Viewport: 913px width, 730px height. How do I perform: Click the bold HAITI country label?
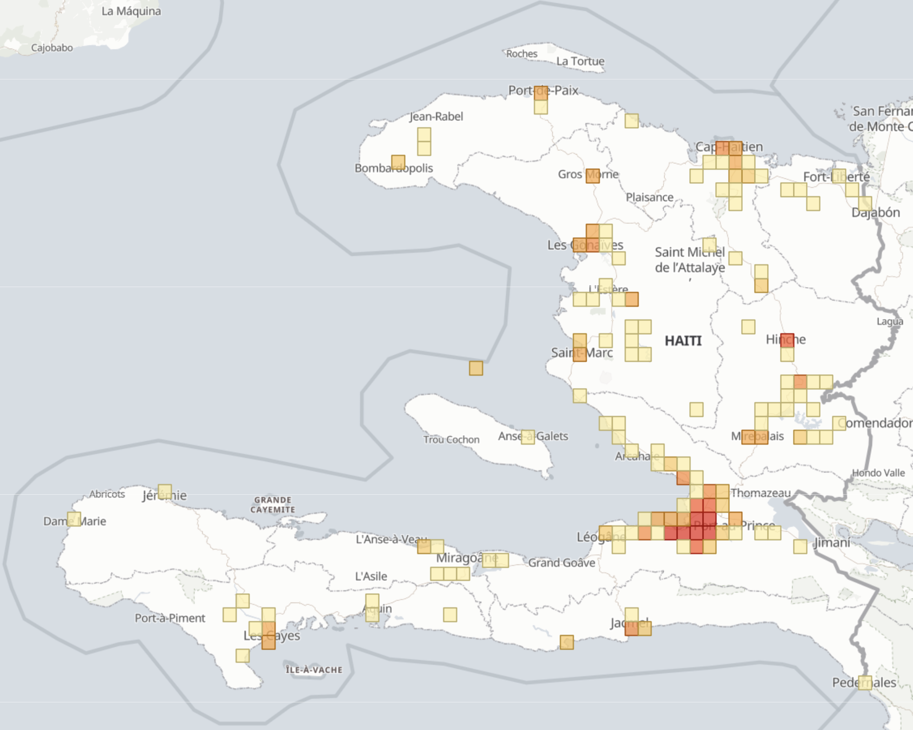click(683, 341)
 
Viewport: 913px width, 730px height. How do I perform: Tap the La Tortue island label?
click(580, 61)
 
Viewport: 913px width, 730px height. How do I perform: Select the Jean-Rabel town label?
click(436, 116)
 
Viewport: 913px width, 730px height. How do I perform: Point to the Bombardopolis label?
click(393, 168)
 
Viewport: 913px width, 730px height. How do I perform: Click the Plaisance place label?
click(649, 197)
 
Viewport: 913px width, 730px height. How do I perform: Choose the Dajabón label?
click(875, 213)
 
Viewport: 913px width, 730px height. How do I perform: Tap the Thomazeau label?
click(760, 493)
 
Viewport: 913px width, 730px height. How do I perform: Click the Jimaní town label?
click(832, 542)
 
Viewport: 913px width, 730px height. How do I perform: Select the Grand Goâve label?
click(561, 563)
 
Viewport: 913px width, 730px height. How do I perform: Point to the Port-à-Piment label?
click(170, 618)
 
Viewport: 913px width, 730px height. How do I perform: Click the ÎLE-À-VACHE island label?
click(314, 670)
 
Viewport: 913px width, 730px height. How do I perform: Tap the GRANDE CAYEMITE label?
click(273, 505)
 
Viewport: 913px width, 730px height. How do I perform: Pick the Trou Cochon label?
click(451, 440)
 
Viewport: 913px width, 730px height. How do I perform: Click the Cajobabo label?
click(52, 48)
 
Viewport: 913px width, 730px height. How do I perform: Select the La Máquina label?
click(131, 11)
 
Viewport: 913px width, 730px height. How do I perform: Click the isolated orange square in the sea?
click(476, 368)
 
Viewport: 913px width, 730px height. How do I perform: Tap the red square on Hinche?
click(787, 340)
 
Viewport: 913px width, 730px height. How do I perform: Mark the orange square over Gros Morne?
click(593, 176)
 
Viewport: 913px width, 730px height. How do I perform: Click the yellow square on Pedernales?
click(865, 682)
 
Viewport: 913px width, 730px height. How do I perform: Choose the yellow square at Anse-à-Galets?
click(528, 436)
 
